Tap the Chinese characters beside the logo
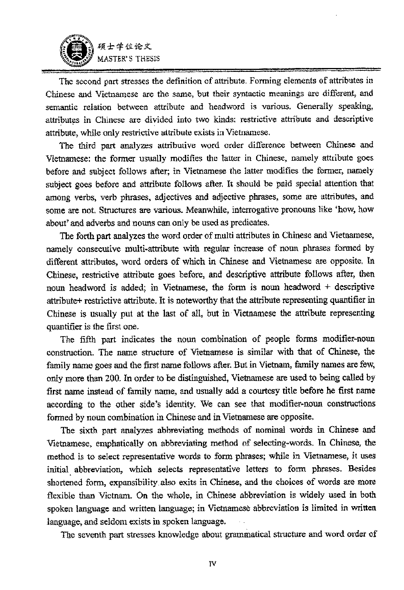[122, 47]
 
